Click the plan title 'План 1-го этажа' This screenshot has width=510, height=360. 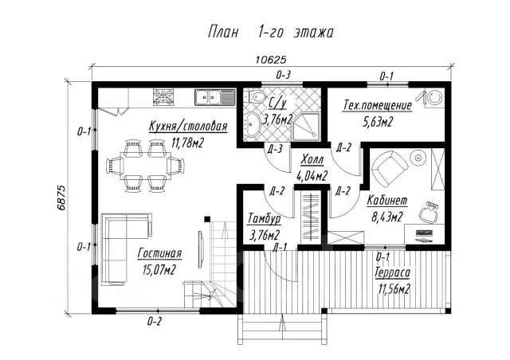click(271, 33)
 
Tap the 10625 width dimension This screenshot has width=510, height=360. click(271, 60)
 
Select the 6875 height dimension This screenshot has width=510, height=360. click(61, 198)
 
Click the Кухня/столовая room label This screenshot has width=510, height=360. click(188, 126)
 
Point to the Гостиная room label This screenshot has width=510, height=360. click(159, 253)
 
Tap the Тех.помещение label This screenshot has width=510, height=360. click(377, 106)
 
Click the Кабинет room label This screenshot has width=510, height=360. click(387, 201)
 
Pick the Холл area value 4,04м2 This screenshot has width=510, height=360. click(312, 176)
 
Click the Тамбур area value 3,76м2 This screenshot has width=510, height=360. click(265, 235)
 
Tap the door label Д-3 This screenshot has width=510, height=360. click(274, 149)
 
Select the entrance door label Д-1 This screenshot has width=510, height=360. click(280, 247)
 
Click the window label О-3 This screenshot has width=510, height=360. click(283, 76)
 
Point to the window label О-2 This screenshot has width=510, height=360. click(154, 322)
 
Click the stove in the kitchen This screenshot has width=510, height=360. click(163, 97)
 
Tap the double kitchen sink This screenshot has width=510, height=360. click(215, 97)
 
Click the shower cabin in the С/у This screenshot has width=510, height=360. click(306, 127)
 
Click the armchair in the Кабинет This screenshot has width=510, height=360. click(389, 167)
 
